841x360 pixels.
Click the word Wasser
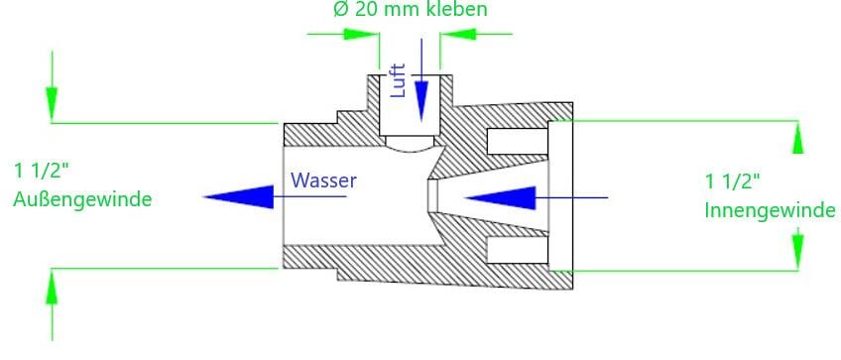click(324, 180)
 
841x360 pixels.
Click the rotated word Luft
click(398, 80)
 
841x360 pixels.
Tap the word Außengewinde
click(82, 200)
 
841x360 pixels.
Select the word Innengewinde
click(770, 210)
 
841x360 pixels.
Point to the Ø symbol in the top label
click(341, 10)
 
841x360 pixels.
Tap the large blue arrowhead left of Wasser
click(239, 197)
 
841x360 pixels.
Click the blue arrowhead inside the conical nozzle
click(501, 197)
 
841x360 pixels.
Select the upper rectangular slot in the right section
click(517, 141)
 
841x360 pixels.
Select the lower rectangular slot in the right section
click(517, 250)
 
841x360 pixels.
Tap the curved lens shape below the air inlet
click(410, 144)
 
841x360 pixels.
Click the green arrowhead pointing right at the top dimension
click(362, 34)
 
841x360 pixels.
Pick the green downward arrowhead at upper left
click(52, 103)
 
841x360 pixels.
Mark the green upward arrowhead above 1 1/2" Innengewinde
click(797, 138)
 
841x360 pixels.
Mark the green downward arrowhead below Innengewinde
click(797, 251)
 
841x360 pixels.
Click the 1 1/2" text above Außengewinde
click(42, 172)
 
